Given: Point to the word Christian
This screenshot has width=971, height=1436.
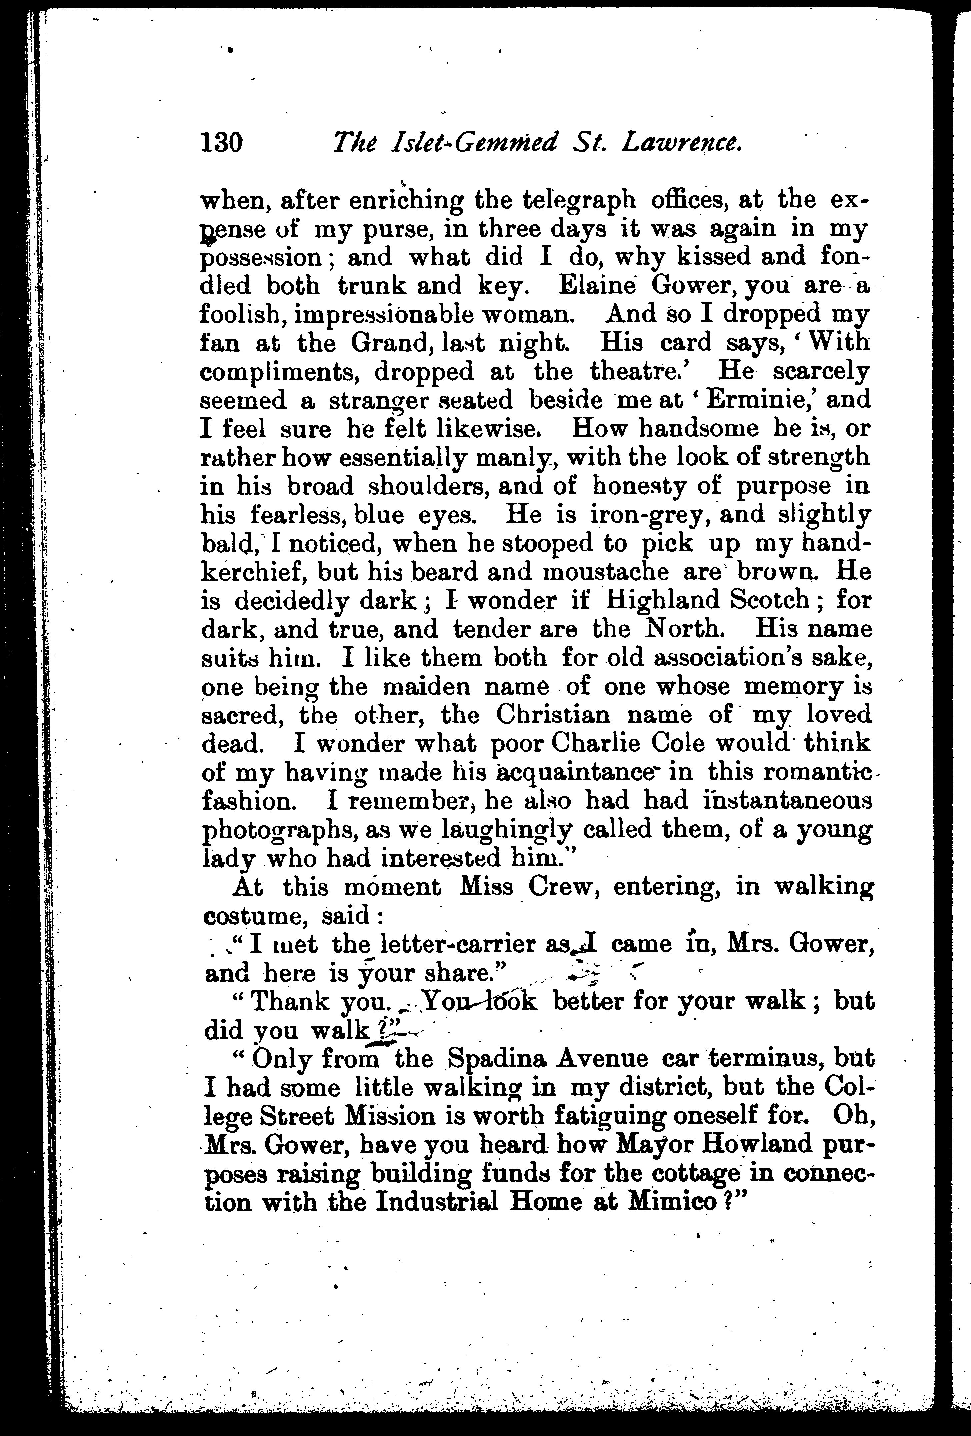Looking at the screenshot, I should [554, 715].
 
